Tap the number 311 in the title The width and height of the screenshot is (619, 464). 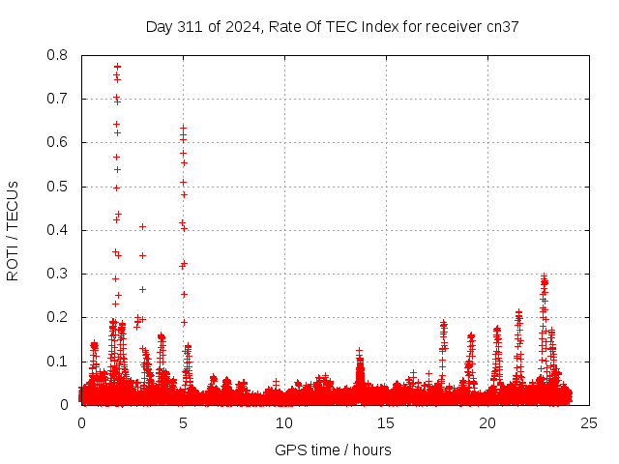(x=187, y=27)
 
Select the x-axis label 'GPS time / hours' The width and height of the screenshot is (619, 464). (x=333, y=449)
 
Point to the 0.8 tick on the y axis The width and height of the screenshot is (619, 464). (x=57, y=55)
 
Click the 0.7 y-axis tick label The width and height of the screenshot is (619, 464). (x=57, y=99)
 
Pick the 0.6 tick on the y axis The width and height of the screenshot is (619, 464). (x=57, y=142)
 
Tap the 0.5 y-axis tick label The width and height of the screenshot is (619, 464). (x=57, y=187)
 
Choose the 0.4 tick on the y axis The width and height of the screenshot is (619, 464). (x=57, y=230)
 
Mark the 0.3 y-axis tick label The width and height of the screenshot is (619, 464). (x=57, y=274)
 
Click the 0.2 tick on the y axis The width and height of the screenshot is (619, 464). (x=57, y=317)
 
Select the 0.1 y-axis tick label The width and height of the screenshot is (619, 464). (x=57, y=362)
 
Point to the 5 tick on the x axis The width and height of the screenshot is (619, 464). (x=183, y=423)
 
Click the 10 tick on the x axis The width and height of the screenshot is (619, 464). (x=284, y=423)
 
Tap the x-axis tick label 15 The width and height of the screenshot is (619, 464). (x=386, y=423)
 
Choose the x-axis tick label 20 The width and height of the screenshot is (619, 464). (x=487, y=423)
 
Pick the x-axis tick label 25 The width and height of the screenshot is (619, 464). (x=589, y=423)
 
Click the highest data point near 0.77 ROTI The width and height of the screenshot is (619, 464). (x=117, y=67)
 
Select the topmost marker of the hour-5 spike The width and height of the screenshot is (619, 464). (x=183, y=128)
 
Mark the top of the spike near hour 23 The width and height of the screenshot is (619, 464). (x=544, y=277)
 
